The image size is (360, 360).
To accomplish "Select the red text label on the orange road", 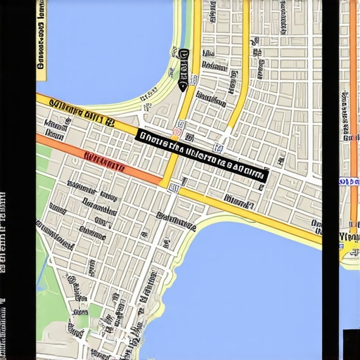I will click(104, 161).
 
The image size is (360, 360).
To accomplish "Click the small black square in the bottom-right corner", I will click(351, 344).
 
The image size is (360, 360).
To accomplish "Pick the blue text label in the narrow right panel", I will click(349, 182).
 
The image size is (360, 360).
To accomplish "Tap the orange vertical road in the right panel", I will click(352, 105).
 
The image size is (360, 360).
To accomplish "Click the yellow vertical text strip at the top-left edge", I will click(41, 35).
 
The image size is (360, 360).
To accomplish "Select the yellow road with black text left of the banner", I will click(77, 112).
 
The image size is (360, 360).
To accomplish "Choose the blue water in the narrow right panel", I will click(349, 295).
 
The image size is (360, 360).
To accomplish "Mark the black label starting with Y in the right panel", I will click(349, 237).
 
